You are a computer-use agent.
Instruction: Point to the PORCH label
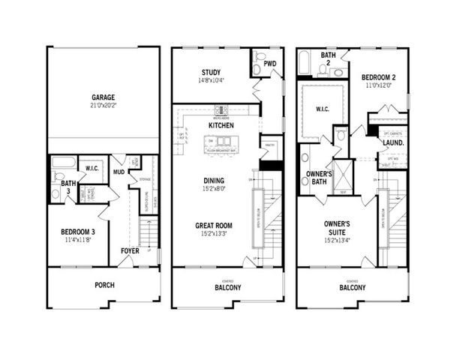[104, 286]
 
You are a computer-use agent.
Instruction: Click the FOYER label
[130, 250]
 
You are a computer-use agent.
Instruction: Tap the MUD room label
[118, 172]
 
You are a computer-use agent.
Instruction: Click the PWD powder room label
[269, 64]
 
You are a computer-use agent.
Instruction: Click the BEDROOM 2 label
[379, 77]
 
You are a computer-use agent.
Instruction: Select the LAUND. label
[393, 142]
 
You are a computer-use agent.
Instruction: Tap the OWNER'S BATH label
[318, 177]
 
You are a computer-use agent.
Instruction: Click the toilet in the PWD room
[259, 70]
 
